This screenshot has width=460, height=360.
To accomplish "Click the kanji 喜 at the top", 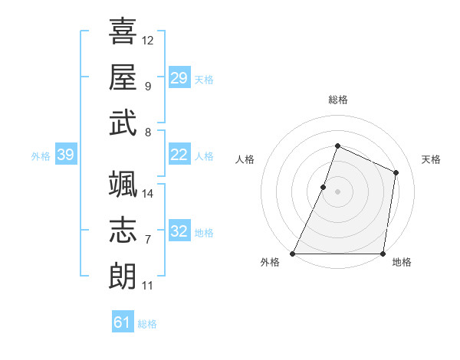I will click(x=123, y=32).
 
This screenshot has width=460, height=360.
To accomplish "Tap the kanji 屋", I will click(x=123, y=77).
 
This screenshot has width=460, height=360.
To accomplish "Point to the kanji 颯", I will click(x=123, y=185).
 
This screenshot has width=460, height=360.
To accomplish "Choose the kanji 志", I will click(x=123, y=230).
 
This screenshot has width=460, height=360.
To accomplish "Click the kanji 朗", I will click(x=123, y=275).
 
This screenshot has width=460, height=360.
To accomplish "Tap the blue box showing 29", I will click(x=179, y=78).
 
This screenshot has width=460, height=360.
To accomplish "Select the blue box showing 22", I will click(x=179, y=155).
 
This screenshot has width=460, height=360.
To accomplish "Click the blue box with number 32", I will click(x=179, y=232).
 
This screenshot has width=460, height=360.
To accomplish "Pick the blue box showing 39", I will click(x=65, y=155).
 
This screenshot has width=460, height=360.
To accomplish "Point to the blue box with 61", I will click(x=123, y=322).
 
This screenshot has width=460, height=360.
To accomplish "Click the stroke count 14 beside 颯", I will click(x=148, y=194).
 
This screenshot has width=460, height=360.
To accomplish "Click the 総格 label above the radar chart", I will click(x=338, y=100).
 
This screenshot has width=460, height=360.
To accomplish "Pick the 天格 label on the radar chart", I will click(x=431, y=159).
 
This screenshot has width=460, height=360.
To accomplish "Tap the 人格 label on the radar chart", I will click(x=245, y=159).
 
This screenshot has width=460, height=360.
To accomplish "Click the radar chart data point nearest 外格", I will click(x=293, y=254).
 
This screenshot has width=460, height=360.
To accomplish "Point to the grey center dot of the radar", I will click(x=338, y=191).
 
